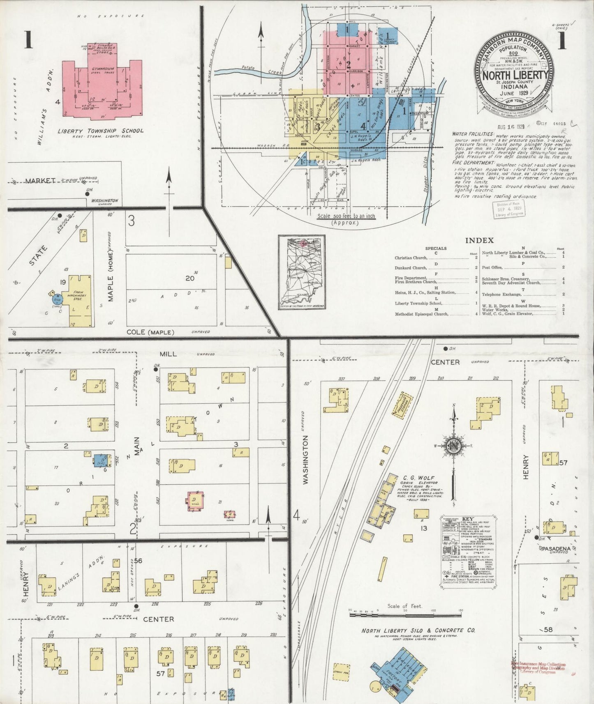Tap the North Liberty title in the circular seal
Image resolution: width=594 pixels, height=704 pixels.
pos(515,76)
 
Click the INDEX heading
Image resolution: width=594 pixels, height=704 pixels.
pos(479,240)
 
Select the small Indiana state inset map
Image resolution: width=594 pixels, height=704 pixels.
pos(302,273)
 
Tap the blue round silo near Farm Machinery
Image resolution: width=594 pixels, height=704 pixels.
pos(57,299)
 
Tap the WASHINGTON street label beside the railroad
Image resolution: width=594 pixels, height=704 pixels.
pos(305,460)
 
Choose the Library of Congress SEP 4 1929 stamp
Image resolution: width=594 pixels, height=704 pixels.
pos(508,209)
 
